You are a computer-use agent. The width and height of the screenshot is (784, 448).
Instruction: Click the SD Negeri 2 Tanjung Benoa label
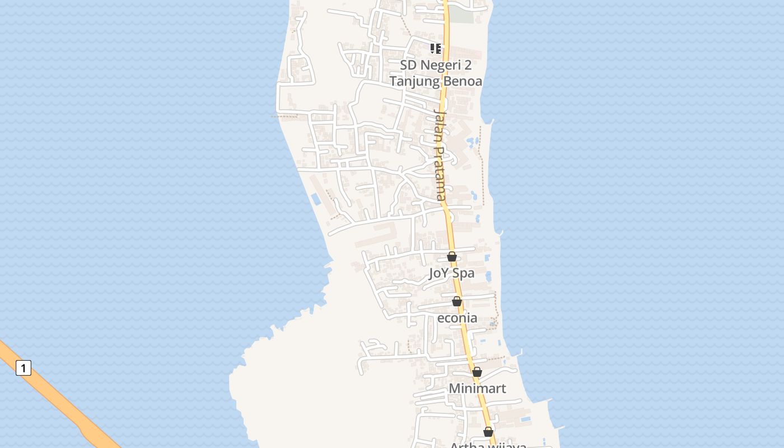436,73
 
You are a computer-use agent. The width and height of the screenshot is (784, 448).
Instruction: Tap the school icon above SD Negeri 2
436,49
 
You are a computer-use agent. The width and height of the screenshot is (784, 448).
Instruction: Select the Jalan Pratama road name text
441,155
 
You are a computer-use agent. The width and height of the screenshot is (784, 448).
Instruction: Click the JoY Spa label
451,273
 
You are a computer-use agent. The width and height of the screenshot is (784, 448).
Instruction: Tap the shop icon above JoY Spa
452,256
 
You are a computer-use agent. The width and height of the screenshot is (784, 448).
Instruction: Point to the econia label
457,318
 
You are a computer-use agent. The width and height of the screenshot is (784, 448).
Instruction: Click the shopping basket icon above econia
457,301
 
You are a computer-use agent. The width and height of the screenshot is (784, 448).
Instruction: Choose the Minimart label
477,389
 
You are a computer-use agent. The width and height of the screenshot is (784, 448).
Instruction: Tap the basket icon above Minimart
477,372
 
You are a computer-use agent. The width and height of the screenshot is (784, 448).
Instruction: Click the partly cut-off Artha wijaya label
488,445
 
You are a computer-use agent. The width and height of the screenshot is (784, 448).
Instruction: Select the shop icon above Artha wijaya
488,432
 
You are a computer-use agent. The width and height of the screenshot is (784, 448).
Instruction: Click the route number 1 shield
23,368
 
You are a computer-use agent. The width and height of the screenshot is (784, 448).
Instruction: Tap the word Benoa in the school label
463,81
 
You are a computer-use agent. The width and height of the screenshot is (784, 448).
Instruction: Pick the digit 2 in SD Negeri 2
467,65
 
